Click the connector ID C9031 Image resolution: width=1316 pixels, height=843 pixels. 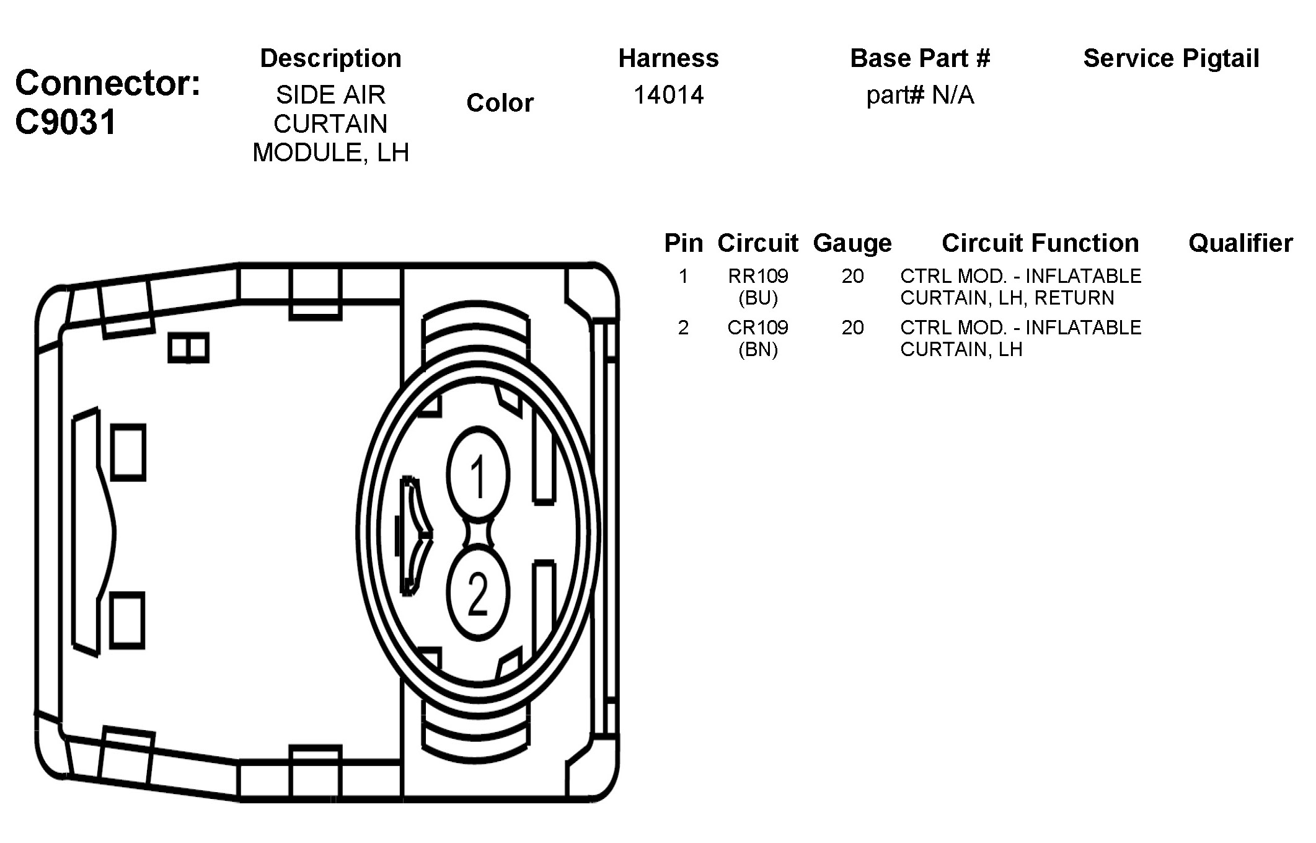pos(66,122)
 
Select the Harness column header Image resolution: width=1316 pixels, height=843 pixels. pos(668,58)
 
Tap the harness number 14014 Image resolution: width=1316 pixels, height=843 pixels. pos(668,95)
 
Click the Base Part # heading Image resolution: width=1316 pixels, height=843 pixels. pos(920,58)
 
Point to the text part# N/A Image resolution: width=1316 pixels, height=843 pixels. pos(920,96)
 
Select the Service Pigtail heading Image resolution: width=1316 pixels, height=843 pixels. pos(1171,58)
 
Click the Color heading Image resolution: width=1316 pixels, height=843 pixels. pos(500,103)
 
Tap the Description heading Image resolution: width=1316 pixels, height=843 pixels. pos(330,58)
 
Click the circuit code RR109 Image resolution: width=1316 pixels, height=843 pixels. pos(757,276)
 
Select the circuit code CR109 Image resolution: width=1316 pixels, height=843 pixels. pos(757,328)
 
